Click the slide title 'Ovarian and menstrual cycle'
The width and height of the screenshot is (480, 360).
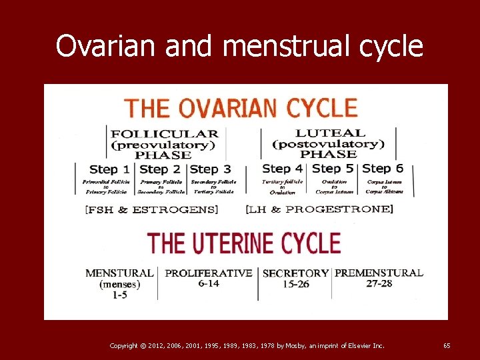pyautogui.click(x=239, y=46)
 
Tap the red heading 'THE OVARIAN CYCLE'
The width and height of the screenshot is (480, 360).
pyautogui.click(x=241, y=108)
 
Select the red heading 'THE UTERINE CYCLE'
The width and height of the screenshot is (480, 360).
pyautogui.click(x=243, y=243)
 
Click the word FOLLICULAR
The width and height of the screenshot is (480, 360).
pyautogui.click(x=164, y=133)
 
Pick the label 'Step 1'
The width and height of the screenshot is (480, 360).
pyautogui.click(x=105, y=169)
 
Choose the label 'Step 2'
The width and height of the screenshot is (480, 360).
pyautogui.click(x=160, y=169)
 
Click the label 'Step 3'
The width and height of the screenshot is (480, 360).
pyautogui.click(x=211, y=169)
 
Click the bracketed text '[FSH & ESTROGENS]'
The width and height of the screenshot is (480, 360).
pyautogui.click(x=151, y=209)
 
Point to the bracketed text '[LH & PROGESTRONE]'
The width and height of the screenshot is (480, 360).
pyautogui.click(x=319, y=209)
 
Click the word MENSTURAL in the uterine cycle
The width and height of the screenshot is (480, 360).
pyautogui.click(x=120, y=273)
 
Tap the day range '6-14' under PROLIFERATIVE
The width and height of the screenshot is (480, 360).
pyautogui.click(x=209, y=283)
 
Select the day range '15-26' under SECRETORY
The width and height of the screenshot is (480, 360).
pyautogui.click(x=295, y=284)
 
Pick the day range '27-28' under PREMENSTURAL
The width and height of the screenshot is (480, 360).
pyautogui.click(x=378, y=283)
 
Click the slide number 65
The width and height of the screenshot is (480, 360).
pyautogui.click(x=447, y=345)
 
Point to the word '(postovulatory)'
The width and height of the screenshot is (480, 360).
pyautogui.click(x=329, y=144)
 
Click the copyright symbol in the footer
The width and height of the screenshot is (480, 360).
pyautogui.click(x=145, y=345)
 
